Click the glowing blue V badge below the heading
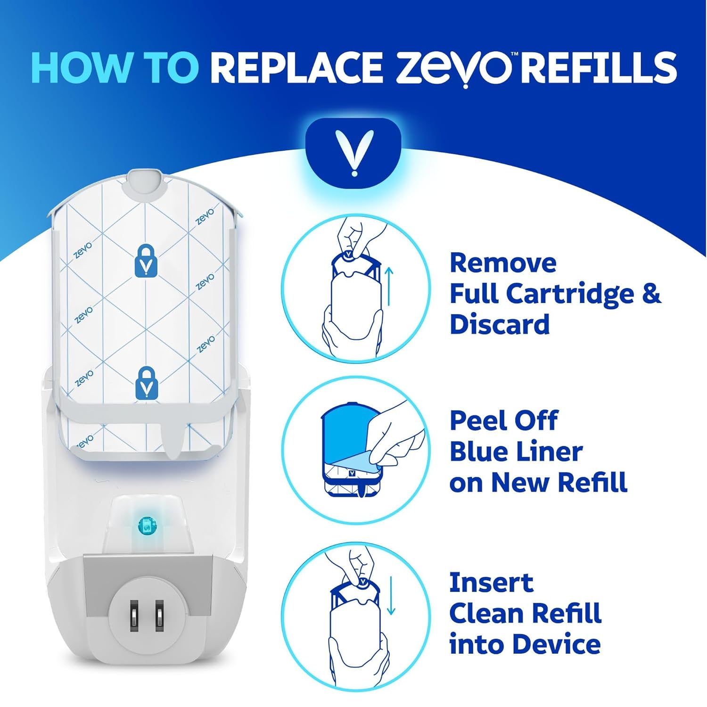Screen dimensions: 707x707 pyautogui.click(x=353, y=153)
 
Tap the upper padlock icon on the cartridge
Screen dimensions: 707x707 pyautogui.click(x=146, y=260)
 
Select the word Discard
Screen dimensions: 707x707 pyautogui.click(x=500, y=324)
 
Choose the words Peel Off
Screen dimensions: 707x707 pyautogui.click(x=503, y=420)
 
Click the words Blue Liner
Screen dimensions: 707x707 pyautogui.click(x=516, y=452)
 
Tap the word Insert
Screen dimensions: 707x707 pyautogui.click(x=491, y=583)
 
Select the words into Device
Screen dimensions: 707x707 pyautogui.click(x=525, y=644)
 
